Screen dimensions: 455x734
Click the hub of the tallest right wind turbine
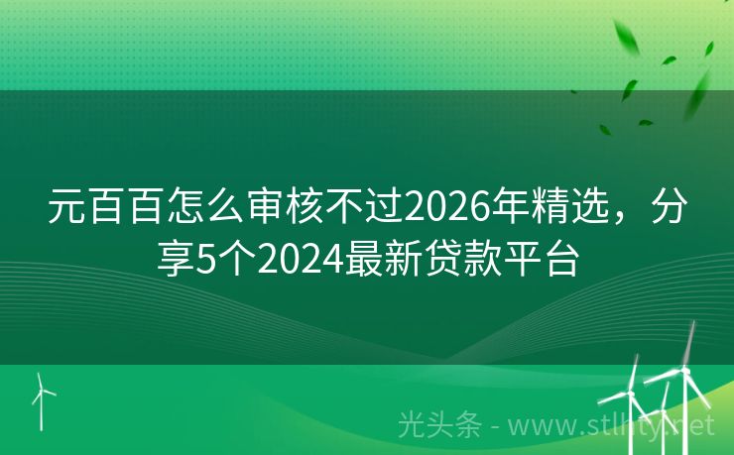click(x=685, y=370)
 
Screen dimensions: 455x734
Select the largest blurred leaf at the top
click(x=628, y=39)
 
